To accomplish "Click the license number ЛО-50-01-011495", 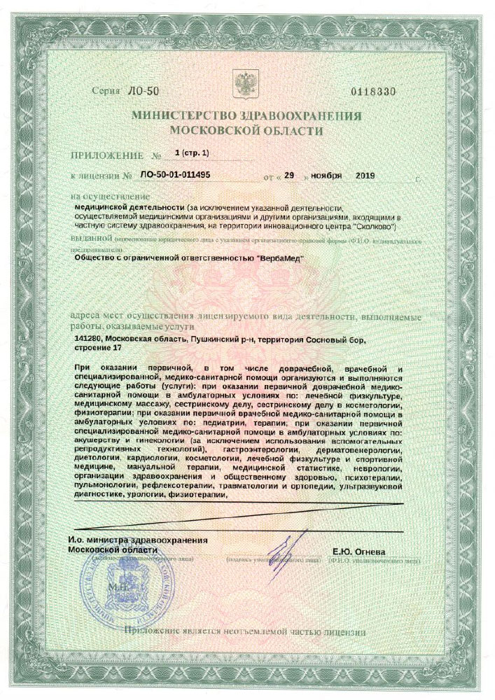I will tap(175, 175).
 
